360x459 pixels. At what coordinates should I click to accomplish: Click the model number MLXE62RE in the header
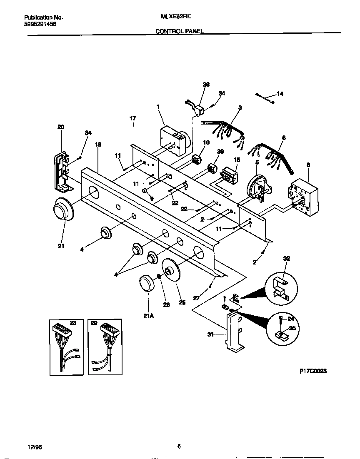[x=172, y=17]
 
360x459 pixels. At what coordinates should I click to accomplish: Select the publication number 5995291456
[x=40, y=24]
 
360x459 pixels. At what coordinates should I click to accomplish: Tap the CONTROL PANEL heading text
[x=180, y=31]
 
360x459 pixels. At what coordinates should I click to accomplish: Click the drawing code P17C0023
[x=312, y=370]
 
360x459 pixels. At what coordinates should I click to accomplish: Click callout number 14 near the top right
[x=280, y=94]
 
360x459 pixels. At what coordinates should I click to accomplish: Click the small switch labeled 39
[x=212, y=169]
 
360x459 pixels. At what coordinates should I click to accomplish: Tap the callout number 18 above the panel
[x=98, y=145]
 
